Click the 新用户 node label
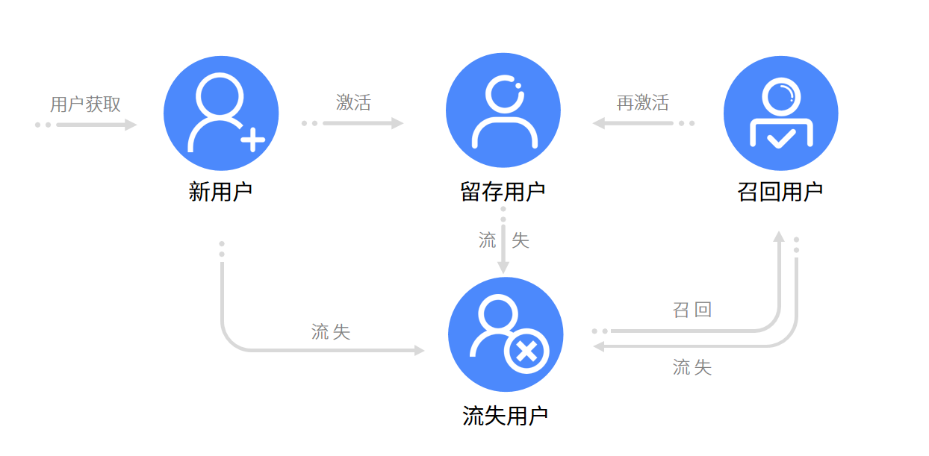coord(220,192)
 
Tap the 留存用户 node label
coord(503,192)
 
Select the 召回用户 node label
coord(780,192)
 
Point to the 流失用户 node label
coord(506,416)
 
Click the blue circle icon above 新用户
coord(221,113)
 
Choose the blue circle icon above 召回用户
coord(781,113)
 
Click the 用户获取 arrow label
coord(85,104)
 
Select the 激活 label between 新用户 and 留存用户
coord(353,102)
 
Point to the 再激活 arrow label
coord(642,102)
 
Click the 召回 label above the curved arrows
coord(692,310)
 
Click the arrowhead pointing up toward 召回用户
coord(779,237)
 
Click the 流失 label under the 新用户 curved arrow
coord(331,332)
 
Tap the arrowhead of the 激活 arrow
coord(397,123)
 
